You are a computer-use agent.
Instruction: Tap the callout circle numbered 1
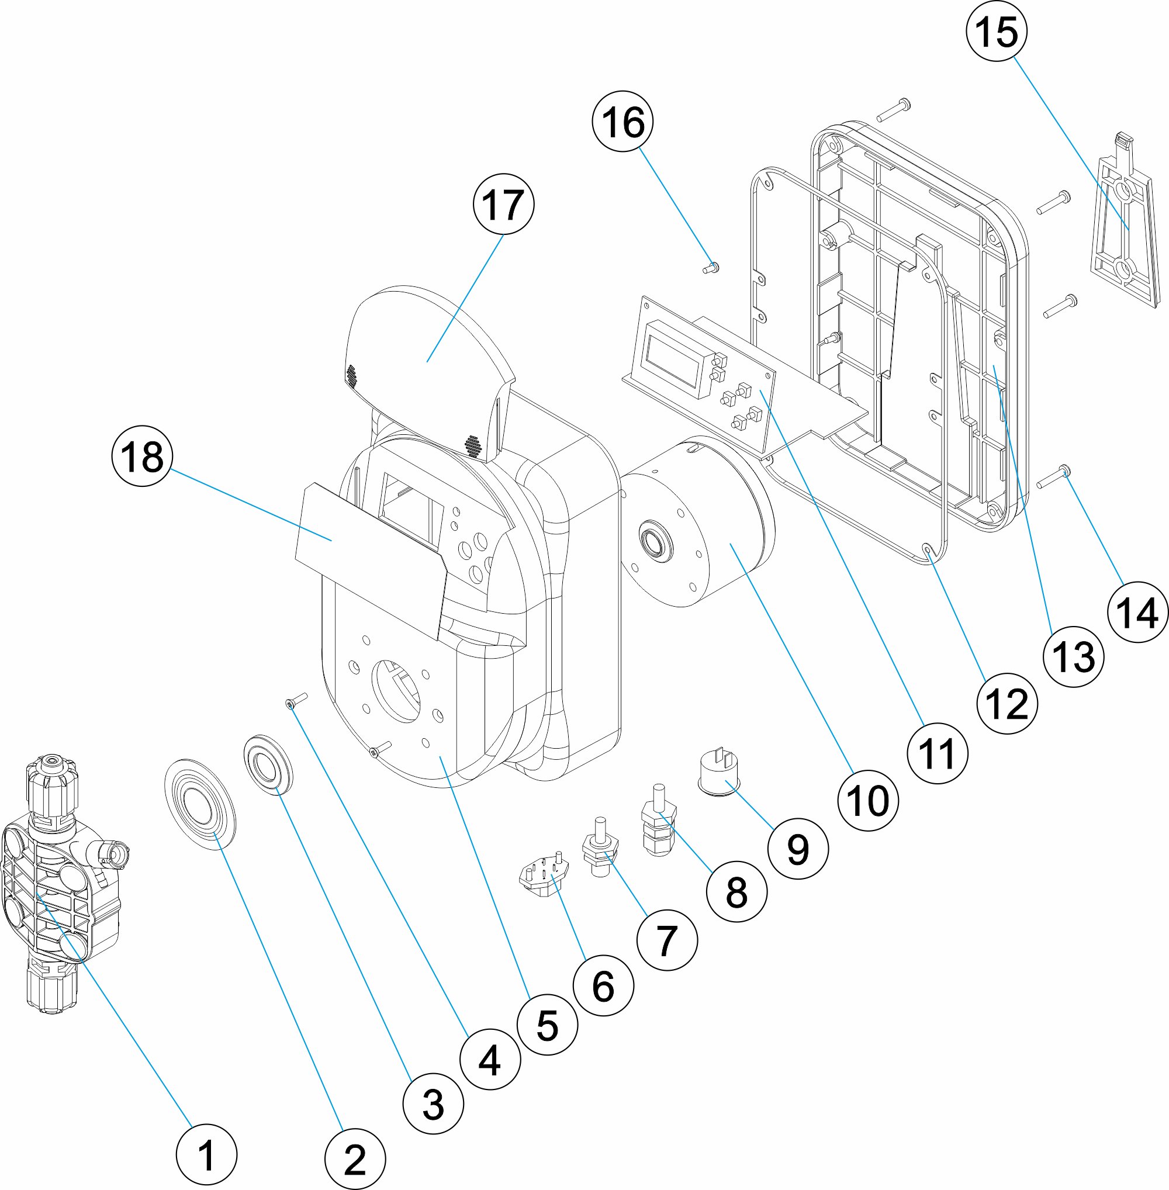click(206, 1154)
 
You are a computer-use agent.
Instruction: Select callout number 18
click(143, 457)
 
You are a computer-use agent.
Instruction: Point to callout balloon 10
click(867, 801)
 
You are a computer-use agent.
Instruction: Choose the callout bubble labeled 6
click(603, 985)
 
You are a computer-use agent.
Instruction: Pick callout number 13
click(1073, 656)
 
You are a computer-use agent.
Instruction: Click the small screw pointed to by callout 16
click(711, 268)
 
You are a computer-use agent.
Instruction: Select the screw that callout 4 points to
click(296, 701)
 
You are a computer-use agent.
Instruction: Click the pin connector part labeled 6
click(544, 876)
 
